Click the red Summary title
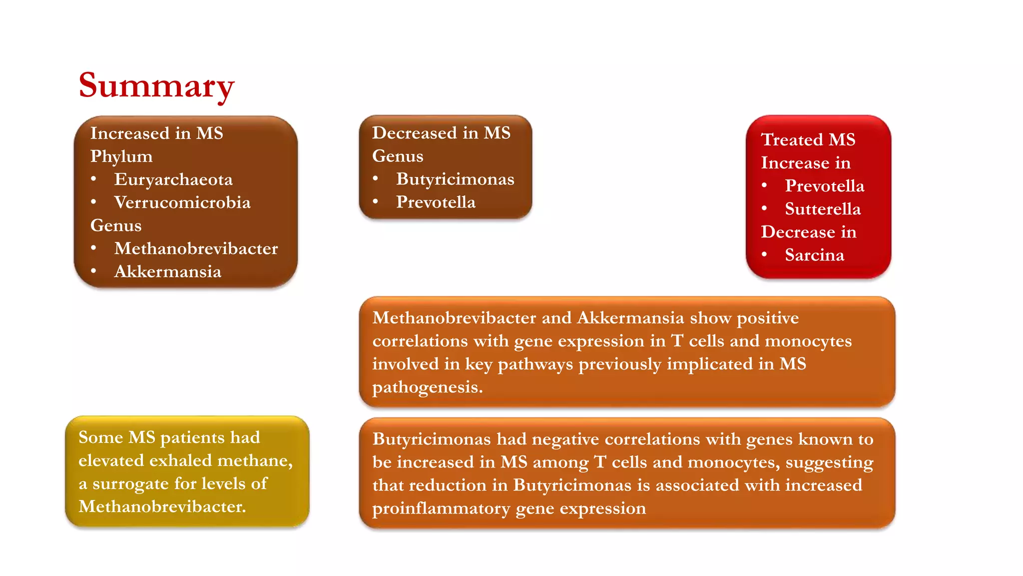pyautogui.click(x=156, y=85)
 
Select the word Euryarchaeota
pyautogui.click(x=173, y=179)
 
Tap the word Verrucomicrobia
pyautogui.click(x=182, y=202)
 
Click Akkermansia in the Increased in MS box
pyautogui.click(x=167, y=271)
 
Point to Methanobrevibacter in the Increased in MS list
pyautogui.click(x=196, y=248)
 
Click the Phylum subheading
pyautogui.click(x=121, y=156)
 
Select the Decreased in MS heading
pyautogui.click(x=441, y=133)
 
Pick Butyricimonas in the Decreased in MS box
pyautogui.click(x=455, y=179)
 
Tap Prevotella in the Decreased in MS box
pyautogui.click(x=436, y=202)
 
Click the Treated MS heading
pyautogui.click(x=808, y=139)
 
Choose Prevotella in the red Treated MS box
pyautogui.click(x=824, y=186)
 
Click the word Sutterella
pyautogui.click(x=823, y=209)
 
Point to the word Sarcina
pyautogui.click(x=814, y=255)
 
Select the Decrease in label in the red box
pyautogui.click(x=808, y=232)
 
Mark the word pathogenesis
pyautogui.click(x=427, y=387)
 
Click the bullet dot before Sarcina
pyautogui.click(x=764, y=254)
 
